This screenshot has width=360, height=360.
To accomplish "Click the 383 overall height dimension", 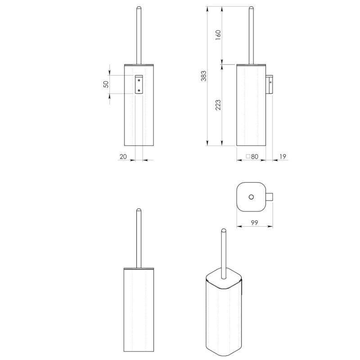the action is click(204, 76).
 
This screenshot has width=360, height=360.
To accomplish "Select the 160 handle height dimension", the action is click(218, 35).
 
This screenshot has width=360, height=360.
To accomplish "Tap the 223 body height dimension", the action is click(218, 105).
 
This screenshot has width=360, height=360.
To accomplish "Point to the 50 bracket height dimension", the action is click(106, 84).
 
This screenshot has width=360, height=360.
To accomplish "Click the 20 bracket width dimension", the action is click(123, 157).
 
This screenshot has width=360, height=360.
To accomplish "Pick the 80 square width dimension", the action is click(255, 157).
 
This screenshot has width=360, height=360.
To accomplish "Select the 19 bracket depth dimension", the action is click(283, 157).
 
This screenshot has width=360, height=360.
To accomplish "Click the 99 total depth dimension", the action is click(255, 222).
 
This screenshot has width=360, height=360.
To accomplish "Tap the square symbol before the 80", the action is click(248, 157).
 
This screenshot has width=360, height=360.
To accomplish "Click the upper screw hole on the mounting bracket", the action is click(139, 81).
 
